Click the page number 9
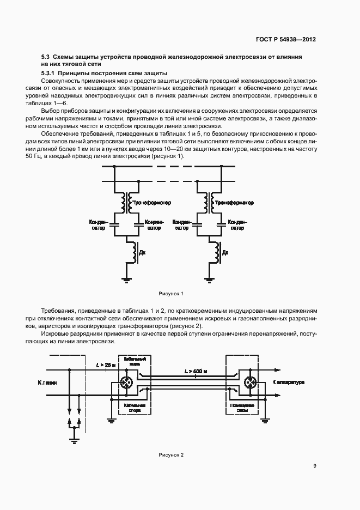tap(315, 466)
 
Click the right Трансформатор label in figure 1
tap(235, 203)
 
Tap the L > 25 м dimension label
tap(105, 365)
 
